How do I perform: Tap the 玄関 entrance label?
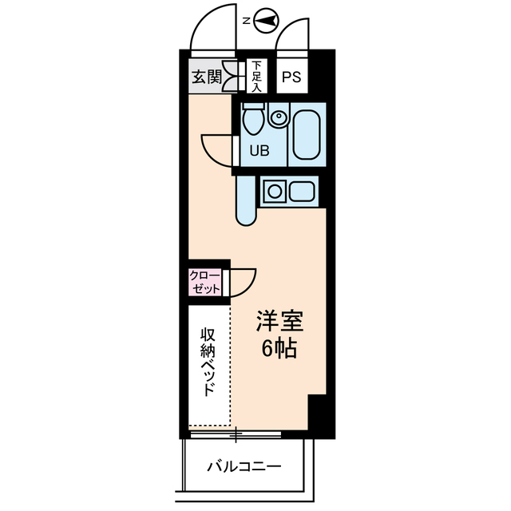click(205, 77)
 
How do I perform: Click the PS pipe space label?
click(291, 77)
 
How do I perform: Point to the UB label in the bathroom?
click(260, 149)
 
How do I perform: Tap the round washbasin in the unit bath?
click(278, 119)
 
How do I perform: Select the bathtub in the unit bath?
click(307, 133)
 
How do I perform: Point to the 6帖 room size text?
click(279, 349)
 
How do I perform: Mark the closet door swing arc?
click(244, 281)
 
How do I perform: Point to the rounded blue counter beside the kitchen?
click(246, 199)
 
